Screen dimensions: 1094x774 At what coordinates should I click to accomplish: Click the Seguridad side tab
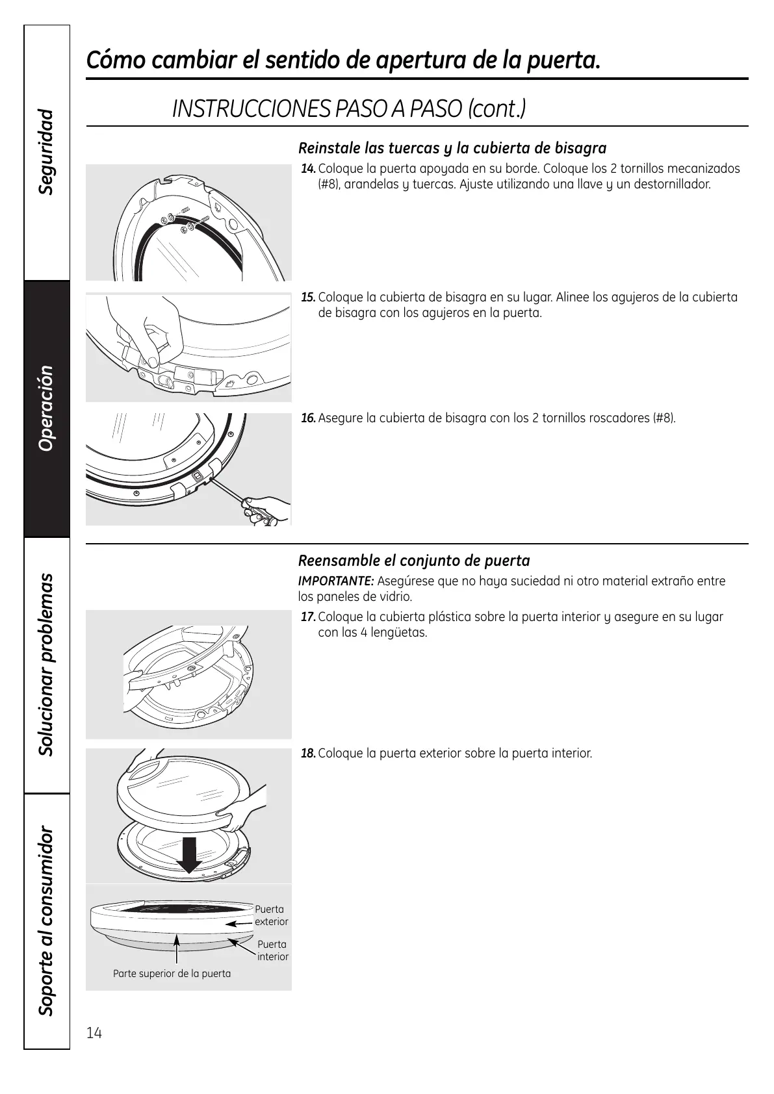[46, 153]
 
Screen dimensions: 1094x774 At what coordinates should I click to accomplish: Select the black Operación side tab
[46, 408]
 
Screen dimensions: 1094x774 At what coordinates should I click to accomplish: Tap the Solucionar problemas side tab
[46, 665]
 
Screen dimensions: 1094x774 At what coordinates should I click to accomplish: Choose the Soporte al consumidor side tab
[46, 921]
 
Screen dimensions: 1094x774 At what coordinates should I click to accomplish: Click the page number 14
[94, 1033]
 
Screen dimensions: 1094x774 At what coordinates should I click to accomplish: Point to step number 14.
[308, 169]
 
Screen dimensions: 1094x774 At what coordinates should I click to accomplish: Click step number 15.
[308, 298]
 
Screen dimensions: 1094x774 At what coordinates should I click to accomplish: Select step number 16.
[308, 418]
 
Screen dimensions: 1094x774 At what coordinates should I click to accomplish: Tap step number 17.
[308, 617]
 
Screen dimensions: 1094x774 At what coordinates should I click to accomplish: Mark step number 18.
[308, 754]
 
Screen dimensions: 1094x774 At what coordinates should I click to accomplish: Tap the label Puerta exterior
[270, 915]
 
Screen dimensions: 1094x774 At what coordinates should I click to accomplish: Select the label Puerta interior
[272, 950]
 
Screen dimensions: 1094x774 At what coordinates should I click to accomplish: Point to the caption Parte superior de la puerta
[172, 973]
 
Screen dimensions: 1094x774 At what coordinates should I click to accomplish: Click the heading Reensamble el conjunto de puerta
[414, 561]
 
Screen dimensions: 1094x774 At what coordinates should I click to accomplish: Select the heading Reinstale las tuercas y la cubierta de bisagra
[452, 148]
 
